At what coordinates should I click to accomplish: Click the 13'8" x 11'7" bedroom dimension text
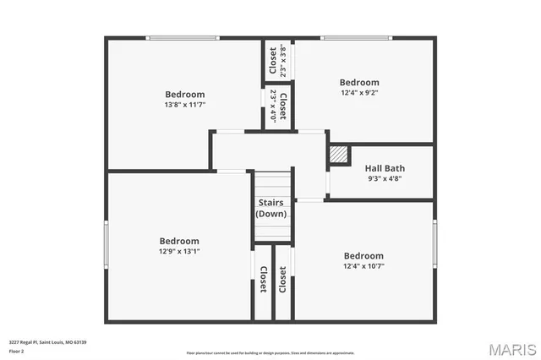pos(185,105)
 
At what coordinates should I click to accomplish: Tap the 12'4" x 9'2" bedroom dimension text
pos(359,93)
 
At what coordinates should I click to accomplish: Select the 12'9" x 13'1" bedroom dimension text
pos(179,251)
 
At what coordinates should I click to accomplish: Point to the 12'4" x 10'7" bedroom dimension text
pos(363,266)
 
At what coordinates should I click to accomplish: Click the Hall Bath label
pos(385,168)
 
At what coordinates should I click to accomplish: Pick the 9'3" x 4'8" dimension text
pos(385,178)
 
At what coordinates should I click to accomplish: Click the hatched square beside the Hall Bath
pos(339,155)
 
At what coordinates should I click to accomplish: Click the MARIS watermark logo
pos(511,348)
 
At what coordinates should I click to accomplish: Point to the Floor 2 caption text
pos(17,350)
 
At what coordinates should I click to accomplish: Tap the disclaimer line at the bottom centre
pos(270,352)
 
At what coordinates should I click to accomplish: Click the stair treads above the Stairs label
pos(273,183)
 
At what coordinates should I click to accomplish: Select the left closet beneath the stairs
pos(263,281)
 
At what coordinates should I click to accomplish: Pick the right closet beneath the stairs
pos(282,281)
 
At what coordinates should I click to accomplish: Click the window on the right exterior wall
pos(434,244)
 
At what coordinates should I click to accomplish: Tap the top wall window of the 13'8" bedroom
pos(183,38)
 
